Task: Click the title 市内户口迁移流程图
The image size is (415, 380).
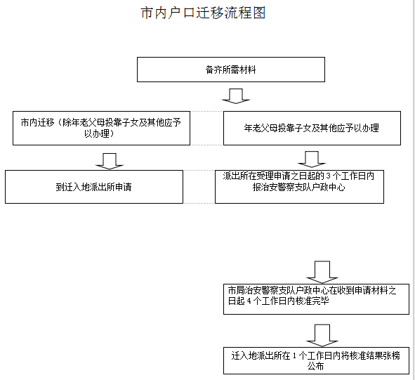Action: pyautogui.click(x=204, y=13)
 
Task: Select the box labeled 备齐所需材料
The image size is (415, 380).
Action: pyautogui.click(x=230, y=70)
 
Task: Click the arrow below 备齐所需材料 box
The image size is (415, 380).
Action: pyautogui.click(x=236, y=95)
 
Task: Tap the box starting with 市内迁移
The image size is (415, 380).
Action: pyautogui.click(x=101, y=128)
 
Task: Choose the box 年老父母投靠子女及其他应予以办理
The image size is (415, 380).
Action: pyautogui.click(x=312, y=128)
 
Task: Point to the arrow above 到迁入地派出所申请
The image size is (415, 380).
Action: pyautogui.click(x=109, y=161)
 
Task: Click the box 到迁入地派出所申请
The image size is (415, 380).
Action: pyautogui.click(x=93, y=187)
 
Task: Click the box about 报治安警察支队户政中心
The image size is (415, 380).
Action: pyautogui.click(x=299, y=186)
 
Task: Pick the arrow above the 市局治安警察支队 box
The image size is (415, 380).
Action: pyautogui.click(x=322, y=271)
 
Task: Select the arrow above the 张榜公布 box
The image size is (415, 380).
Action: pyautogui.click(x=322, y=334)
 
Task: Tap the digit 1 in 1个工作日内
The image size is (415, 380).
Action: pyautogui.click(x=294, y=355)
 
